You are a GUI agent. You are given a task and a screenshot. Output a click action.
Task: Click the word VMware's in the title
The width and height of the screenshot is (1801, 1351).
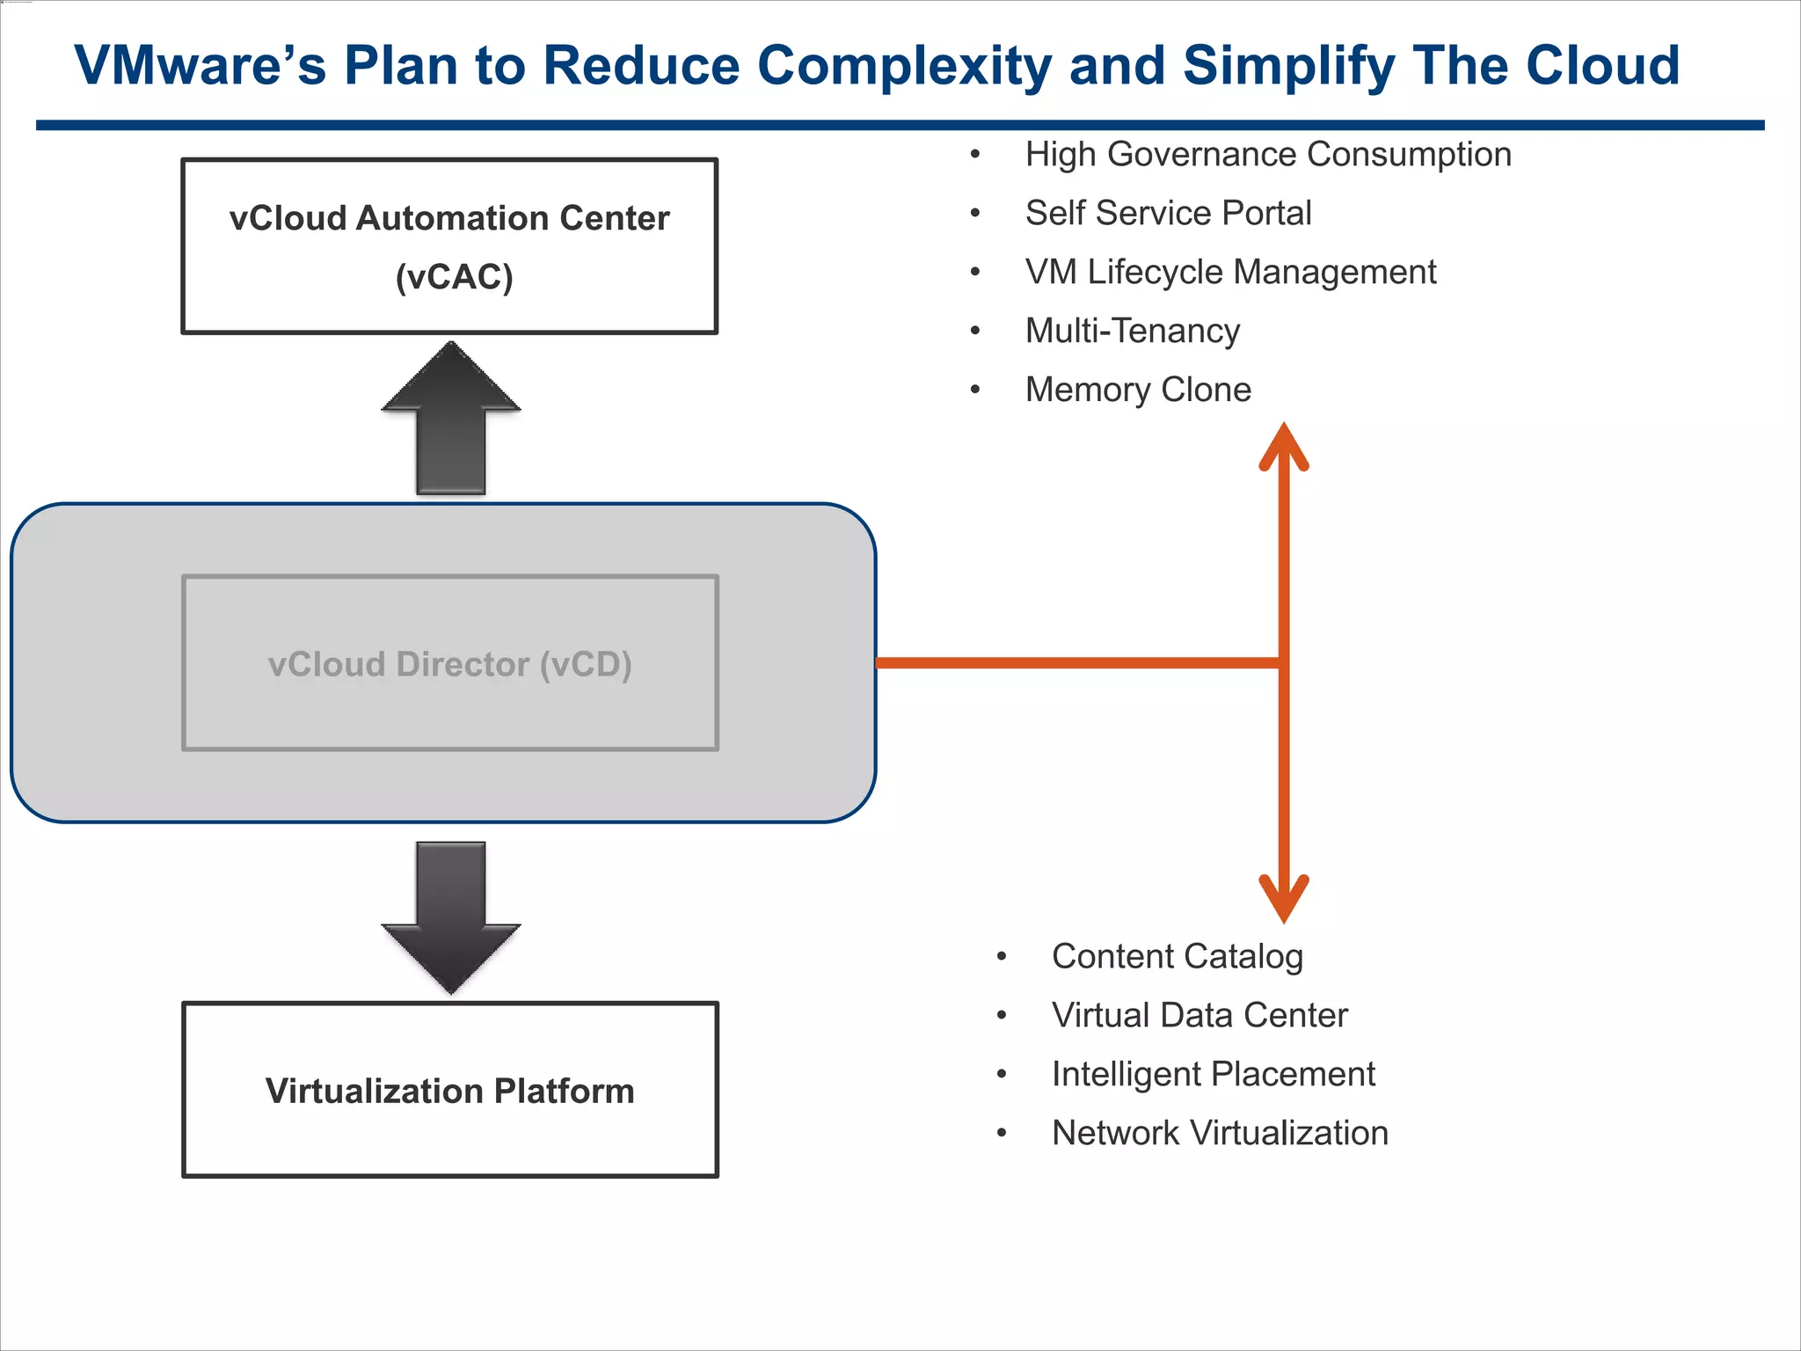point(200,66)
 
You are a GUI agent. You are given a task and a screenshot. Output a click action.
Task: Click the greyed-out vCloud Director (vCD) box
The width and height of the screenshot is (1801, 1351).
point(449,664)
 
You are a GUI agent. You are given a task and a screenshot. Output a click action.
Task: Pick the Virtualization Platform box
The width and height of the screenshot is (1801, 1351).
point(449,1090)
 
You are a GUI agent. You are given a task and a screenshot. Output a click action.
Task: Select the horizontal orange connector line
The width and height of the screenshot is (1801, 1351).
point(1077,662)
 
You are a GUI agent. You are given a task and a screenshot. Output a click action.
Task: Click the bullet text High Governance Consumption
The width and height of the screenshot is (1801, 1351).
point(1267,155)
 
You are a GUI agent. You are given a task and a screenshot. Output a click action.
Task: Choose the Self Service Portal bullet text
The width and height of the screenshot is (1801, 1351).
point(1168,214)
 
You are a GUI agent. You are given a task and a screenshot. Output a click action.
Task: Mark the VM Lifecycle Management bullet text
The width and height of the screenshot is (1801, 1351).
point(1230,273)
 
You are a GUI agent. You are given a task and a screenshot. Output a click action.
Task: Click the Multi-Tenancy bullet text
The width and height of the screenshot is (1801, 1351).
point(1132,332)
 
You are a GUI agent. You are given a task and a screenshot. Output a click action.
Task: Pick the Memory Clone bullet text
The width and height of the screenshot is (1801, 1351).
point(1138,390)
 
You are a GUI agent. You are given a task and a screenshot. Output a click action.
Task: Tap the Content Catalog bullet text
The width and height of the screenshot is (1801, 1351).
point(1177,957)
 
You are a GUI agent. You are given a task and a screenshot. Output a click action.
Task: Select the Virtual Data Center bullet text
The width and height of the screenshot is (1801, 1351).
point(1199,1016)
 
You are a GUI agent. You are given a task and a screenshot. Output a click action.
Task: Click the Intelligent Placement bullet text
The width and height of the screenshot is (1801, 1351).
point(1213,1075)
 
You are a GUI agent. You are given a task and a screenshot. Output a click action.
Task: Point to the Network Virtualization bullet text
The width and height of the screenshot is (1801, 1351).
point(1220,1134)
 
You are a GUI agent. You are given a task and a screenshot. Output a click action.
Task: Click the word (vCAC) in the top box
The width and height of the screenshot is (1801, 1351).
point(454,277)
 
